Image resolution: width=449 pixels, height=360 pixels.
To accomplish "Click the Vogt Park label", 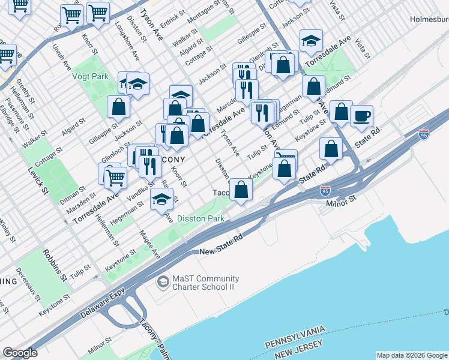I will click(90, 76).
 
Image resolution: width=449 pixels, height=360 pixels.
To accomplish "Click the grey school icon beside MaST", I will click(162, 281).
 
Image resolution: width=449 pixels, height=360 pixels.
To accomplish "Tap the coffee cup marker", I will click(362, 116).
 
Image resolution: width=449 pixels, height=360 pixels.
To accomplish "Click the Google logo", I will click(20, 353).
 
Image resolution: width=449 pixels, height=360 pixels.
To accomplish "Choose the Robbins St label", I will click(54, 263).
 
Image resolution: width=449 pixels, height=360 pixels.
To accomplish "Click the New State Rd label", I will click(221, 244).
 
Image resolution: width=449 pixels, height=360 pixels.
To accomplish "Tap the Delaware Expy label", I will click(103, 306).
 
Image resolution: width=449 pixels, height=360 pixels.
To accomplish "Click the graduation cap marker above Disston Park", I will click(161, 199).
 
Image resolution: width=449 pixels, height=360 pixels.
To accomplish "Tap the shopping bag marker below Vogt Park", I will click(119, 107).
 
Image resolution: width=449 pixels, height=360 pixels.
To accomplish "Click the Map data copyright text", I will click(412, 355).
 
